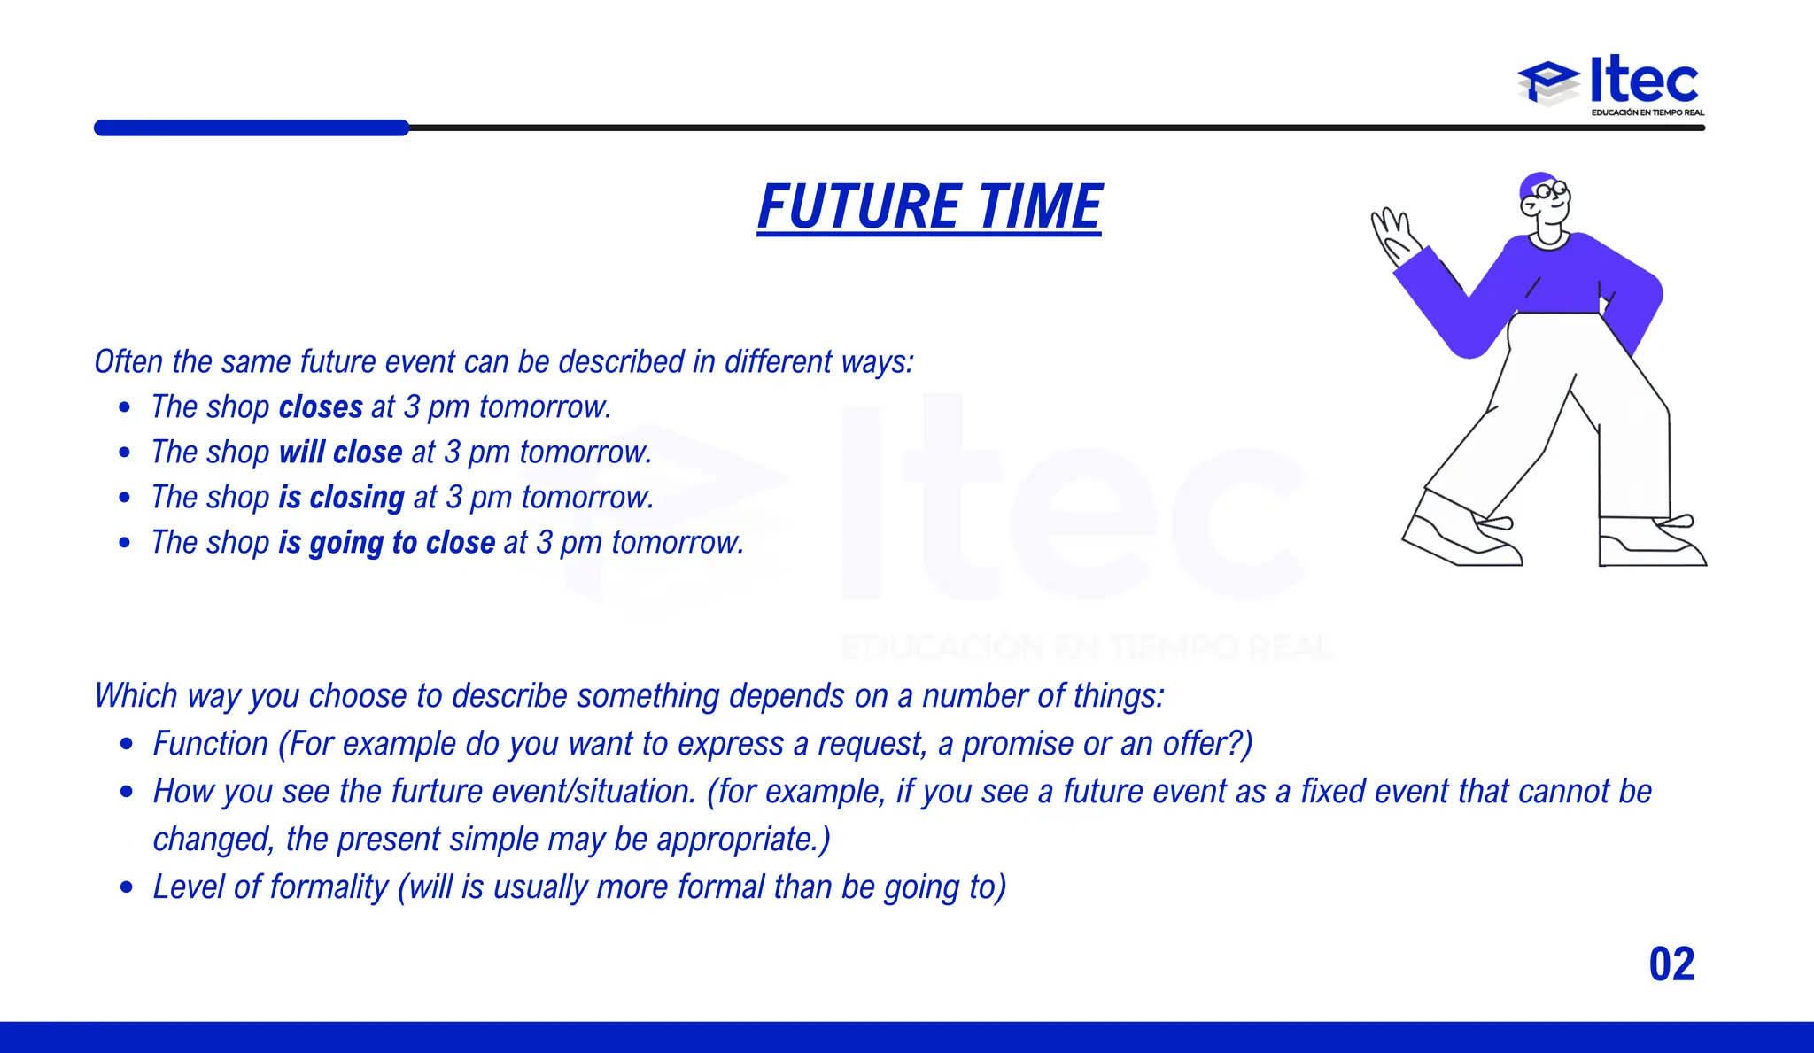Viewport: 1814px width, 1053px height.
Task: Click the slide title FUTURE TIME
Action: click(929, 206)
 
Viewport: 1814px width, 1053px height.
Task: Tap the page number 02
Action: click(1671, 964)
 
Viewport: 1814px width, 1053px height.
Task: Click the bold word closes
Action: click(321, 407)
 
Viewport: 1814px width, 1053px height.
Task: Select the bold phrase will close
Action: click(341, 453)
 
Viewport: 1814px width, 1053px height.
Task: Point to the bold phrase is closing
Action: click(342, 498)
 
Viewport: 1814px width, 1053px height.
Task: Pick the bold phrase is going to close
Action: click(387, 543)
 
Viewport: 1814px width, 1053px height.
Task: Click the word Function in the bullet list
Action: click(211, 744)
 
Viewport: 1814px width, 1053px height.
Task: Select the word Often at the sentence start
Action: click(129, 362)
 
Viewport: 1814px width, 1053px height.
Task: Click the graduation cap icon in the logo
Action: click(1547, 82)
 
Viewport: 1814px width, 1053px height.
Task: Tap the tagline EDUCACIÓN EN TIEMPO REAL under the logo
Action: click(1647, 112)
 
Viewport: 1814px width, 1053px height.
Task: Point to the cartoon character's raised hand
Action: click(1393, 234)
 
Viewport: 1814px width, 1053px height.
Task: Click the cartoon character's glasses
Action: click(1551, 190)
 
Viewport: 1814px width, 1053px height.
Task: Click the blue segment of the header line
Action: click(252, 128)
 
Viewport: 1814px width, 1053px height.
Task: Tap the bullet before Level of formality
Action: click(128, 887)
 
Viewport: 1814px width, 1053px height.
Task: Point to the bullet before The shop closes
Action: click(125, 407)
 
